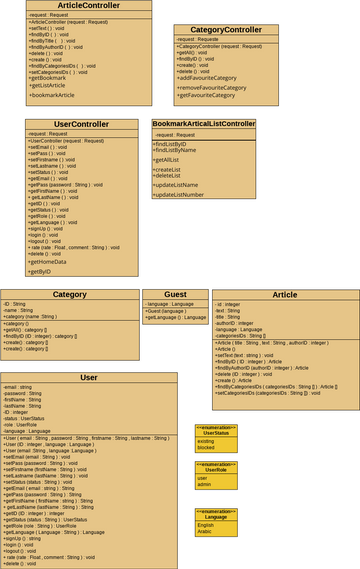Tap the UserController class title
pos(81,124)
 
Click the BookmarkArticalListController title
pos(203,123)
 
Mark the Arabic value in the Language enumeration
pos(206,531)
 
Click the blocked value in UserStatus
pos(206,448)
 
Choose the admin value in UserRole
pos(205,486)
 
